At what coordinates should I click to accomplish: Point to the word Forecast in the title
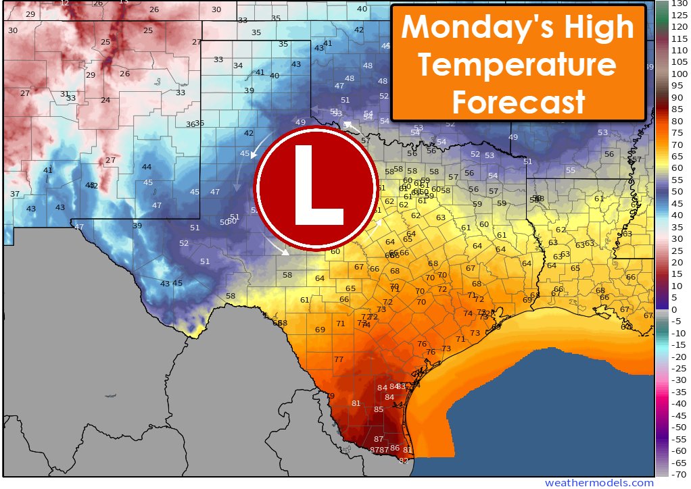[x=519, y=103]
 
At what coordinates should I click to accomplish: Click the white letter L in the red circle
[x=316, y=185]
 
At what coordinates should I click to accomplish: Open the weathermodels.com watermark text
[x=600, y=483]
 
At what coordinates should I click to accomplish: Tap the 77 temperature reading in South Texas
[x=339, y=360]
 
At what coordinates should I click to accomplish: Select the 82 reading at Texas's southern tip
[x=404, y=461]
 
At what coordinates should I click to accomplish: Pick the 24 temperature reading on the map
[x=105, y=100]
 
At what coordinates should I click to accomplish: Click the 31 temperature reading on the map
[x=64, y=94]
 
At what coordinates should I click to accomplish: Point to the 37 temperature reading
[x=15, y=194]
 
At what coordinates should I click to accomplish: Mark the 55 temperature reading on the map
[x=570, y=170]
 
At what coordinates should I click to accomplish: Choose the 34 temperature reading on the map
[x=238, y=66]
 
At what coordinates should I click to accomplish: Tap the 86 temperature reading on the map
[x=395, y=448]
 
